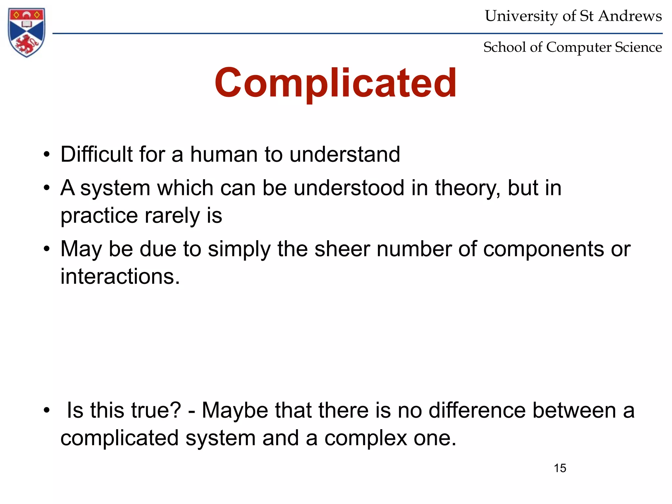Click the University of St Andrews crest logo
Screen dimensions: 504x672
coord(27,32)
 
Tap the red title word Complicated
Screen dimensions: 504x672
coord(335,83)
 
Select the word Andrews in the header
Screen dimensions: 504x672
coord(630,16)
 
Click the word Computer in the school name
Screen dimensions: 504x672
coord(579,47)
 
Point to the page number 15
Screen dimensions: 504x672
coord(560,468)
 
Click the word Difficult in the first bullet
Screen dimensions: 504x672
coord(96,154)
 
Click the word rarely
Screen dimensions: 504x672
coord(172,216)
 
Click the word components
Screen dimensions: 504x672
coord(543,249)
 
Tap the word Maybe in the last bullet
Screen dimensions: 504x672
coord(235,411)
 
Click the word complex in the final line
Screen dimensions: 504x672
coord(366,438)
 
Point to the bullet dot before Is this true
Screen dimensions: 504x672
coord(47,410)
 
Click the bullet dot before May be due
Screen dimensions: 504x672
coord(47,249)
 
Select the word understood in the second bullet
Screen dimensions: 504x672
coord(349,188)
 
